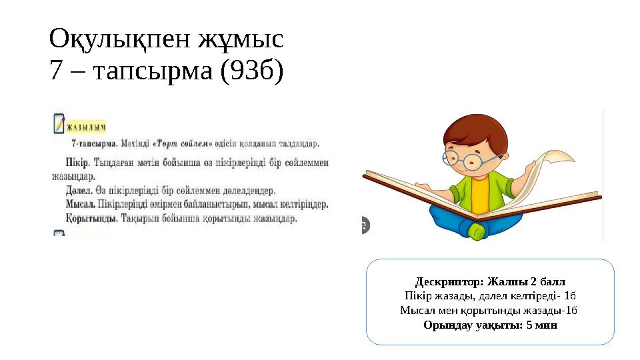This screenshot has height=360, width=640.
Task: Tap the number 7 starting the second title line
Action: click(56, 69)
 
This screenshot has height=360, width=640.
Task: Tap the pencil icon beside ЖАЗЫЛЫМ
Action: click(59, 123)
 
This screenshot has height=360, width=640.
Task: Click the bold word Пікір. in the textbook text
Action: click(80, 162)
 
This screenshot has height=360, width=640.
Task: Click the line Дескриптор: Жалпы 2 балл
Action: click(490, 280)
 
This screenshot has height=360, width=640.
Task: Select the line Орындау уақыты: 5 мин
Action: click(490, 325)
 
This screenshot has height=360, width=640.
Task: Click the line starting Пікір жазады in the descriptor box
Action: click(490, 295)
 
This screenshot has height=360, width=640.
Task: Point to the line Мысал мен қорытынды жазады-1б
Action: click(490, 310)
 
